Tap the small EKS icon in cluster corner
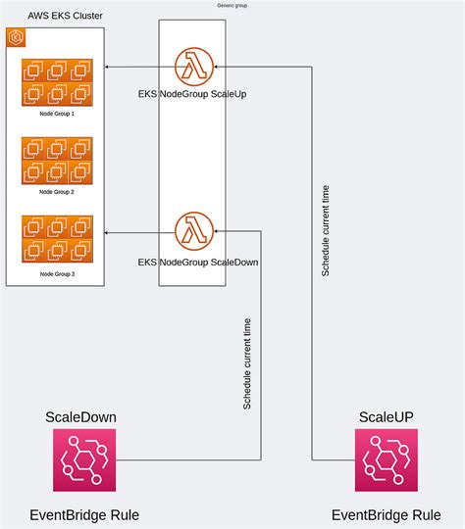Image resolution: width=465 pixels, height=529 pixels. (x=17, y=38)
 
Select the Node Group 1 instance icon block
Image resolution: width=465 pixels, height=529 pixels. (x=56, y=82)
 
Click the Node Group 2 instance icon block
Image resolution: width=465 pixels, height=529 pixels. (x=56, y=161)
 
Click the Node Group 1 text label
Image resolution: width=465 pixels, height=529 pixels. (x=56, y=115)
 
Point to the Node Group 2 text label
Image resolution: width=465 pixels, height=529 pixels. (x=56, y=192)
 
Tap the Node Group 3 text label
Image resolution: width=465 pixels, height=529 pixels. (x=56, y=275)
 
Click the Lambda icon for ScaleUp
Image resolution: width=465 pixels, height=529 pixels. (x=193, y=66)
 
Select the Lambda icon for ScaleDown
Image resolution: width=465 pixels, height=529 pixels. (x=193, y=231)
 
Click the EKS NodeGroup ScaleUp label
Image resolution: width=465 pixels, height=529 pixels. (x=192, y=94)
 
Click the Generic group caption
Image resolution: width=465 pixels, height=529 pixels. (x=232, y=6)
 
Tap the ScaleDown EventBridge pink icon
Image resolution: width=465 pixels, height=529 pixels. (x=84, y=460)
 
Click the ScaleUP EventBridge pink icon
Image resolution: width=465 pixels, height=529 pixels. (x=386, y=460)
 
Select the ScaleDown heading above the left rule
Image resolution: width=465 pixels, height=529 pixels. (x=81, y=416)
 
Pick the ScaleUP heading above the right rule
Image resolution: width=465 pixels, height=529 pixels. (x=386, y=416)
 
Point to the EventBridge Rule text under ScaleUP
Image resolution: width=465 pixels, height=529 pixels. (x=386, y=515)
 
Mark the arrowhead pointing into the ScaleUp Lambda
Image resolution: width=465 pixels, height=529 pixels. (x=219, y=66)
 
